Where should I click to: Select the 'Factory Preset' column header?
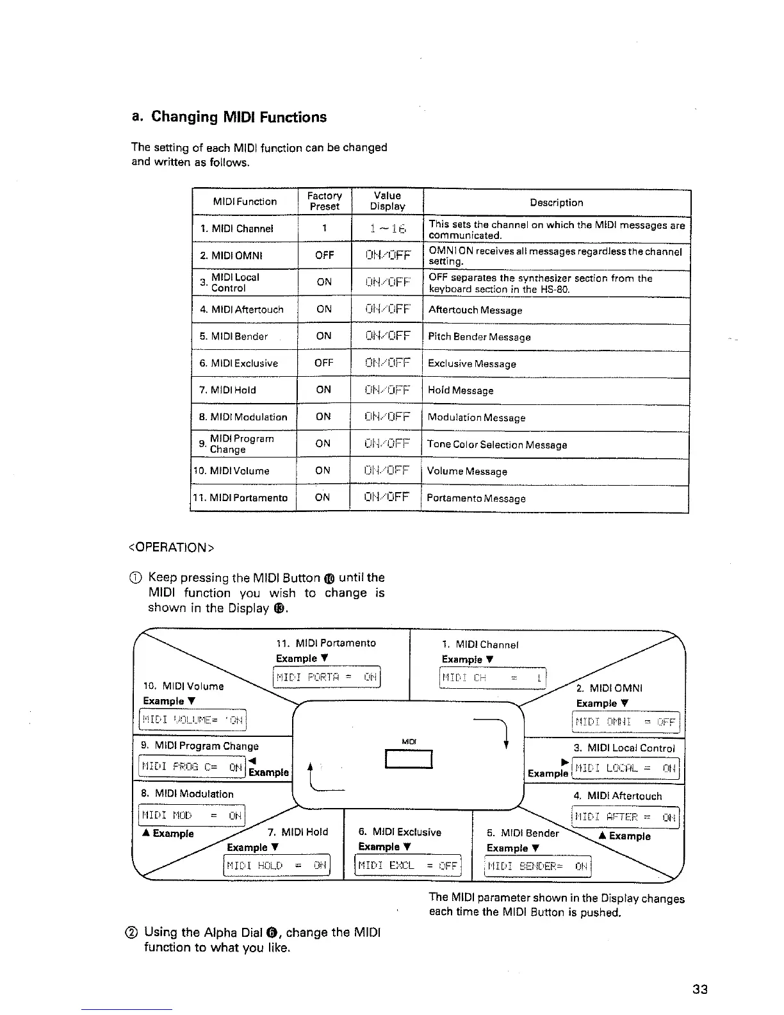[x=324, y=201]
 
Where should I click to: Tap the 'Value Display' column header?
[x=387, y=201]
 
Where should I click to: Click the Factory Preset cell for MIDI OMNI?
[x=324, y=255]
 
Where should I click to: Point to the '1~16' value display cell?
[x=387, y=229]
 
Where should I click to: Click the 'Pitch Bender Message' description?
[x=479, y=337]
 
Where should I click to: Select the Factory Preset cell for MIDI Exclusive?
[x=324, y=363]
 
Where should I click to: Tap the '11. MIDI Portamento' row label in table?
[x=241, y=498]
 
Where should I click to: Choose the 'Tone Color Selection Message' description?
[x=497, y=445]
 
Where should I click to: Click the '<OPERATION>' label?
[x=171, y=547]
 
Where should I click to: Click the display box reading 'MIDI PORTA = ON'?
[x=327, y=677]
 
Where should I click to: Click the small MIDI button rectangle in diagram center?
[x=409, y=759]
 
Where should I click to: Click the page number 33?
[x=700, y=989]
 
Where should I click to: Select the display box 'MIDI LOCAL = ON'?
[x=625, y=768]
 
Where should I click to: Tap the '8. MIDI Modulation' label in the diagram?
[x=188, y=794]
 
